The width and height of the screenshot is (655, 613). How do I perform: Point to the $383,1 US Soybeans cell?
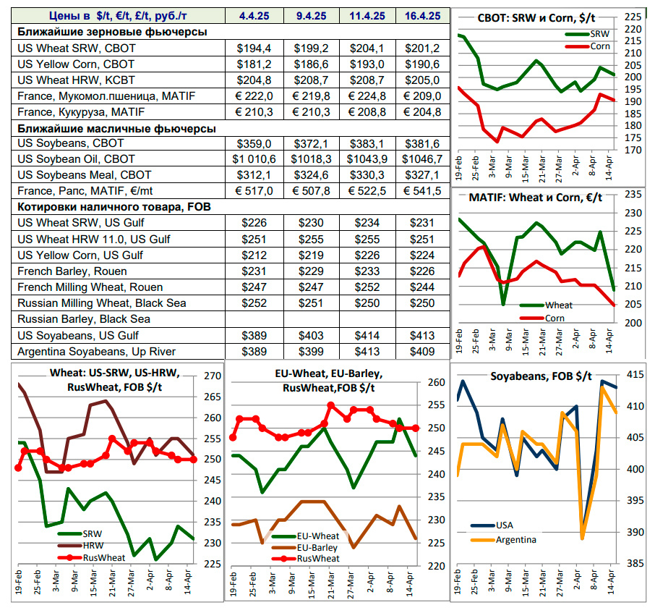(x=367, y=143)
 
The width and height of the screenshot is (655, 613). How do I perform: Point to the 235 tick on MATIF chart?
(x=633, y=194)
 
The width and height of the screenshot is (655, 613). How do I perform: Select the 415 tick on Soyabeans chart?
(x=636, y=374)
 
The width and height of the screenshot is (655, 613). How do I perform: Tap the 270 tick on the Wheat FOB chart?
(x=215, y=376)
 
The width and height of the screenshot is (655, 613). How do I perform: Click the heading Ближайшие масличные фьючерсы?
(x=116, y=128)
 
